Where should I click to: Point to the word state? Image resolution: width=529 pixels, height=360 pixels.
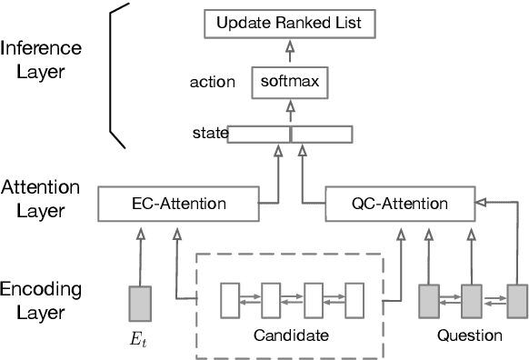(x=211, y=135)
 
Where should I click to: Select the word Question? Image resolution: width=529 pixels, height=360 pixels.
(x=469, y=335)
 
